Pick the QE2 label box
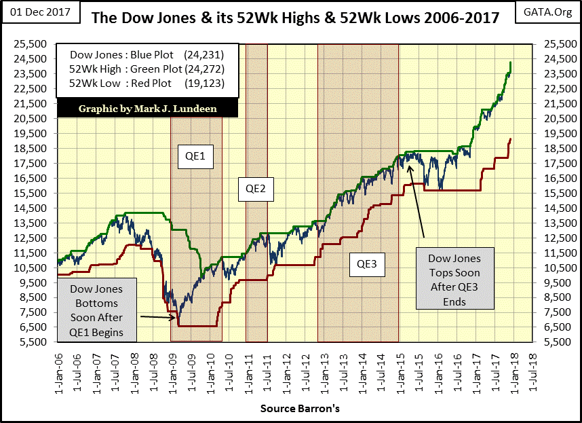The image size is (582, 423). click(255, 189)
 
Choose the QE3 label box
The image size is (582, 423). click(367, 263)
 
